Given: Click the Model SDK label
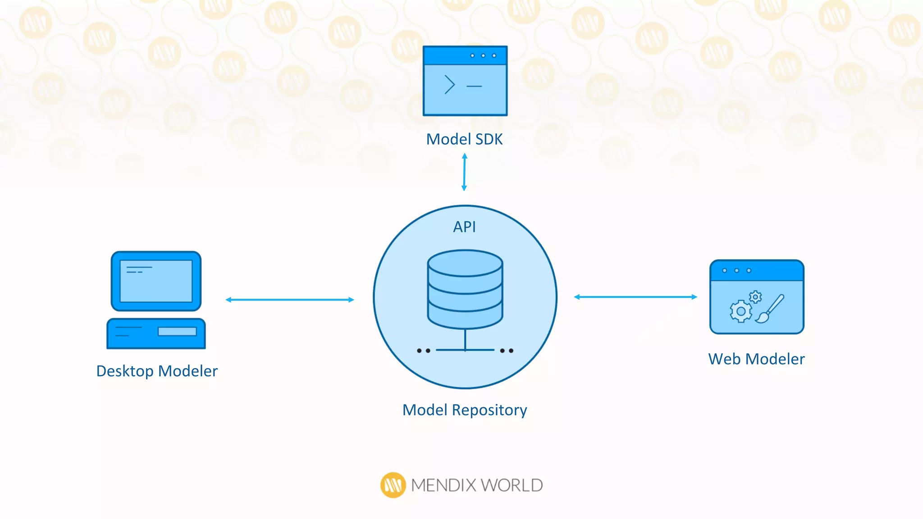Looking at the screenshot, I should tap(464, 139).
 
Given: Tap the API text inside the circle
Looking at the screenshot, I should tap(464, 227).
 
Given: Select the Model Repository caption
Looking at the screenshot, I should tap(465, 410).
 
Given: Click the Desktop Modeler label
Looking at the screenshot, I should tap(157, 371).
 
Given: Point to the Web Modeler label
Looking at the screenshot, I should tap(756, 359).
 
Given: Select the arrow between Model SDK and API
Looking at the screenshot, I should tap(464, 172).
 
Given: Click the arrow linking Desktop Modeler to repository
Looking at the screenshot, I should tap(290, 300).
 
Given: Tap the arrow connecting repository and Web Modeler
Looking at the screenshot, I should tap(635, 297).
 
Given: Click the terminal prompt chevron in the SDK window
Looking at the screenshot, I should tap(449, 85).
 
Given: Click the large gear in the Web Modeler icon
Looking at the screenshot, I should tap(741, 311).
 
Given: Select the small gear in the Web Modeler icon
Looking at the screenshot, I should tap(756, 297).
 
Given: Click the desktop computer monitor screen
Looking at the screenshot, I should tap(156, 281).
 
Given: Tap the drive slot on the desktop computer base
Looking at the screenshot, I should tap(177, 332).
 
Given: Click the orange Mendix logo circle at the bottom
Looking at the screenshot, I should tap(393, 485).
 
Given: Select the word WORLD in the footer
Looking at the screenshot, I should tap(512, 485).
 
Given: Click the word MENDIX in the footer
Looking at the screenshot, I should tap(443, 485).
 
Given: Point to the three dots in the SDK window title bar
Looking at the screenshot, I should tap(483, 55).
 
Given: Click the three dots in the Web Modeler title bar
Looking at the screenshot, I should tap(737, 270).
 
